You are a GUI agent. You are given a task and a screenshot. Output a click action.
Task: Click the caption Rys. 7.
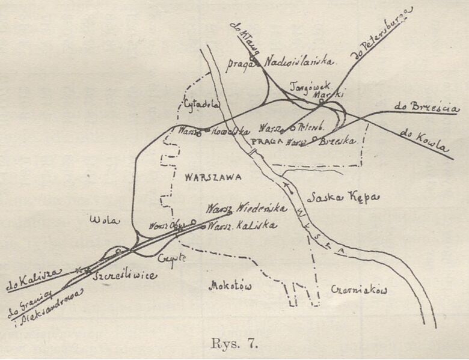pos(235,344)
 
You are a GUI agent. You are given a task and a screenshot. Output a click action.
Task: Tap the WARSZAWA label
pos(213,177)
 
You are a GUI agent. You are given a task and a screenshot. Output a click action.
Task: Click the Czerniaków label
pos(359,290)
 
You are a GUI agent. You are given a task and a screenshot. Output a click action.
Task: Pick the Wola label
pos(100,219)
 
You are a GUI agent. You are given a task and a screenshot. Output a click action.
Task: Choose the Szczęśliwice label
pos(126,275)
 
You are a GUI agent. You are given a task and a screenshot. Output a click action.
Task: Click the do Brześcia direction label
pos(427,108)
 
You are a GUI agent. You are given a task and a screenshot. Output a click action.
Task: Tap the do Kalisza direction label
pos(34,278)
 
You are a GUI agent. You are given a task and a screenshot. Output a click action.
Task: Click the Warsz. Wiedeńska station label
pos(247,208)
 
